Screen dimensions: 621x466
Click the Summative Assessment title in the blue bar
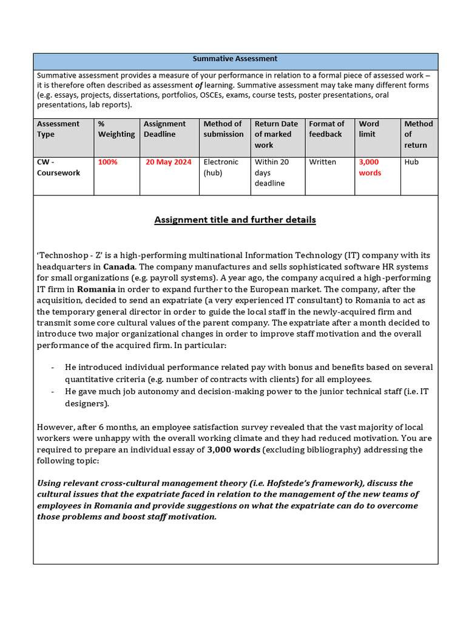point(235,59)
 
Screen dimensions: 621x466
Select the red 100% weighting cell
point(108,162)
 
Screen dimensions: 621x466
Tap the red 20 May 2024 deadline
point(168,162)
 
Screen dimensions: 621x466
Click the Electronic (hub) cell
point(221,167)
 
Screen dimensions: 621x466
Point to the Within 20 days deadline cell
point(272,172)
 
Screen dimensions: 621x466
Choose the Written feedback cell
point(322,162)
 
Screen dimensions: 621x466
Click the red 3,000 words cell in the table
point(370,167)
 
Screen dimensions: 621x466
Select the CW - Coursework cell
point(58,167)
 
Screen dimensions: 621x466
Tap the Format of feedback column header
point(326,129)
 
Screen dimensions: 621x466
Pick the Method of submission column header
point(223,129)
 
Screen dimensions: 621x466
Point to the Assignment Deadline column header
point(164,129)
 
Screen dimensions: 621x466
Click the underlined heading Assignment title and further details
point(235,220)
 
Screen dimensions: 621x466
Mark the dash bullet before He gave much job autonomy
point(53,392)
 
